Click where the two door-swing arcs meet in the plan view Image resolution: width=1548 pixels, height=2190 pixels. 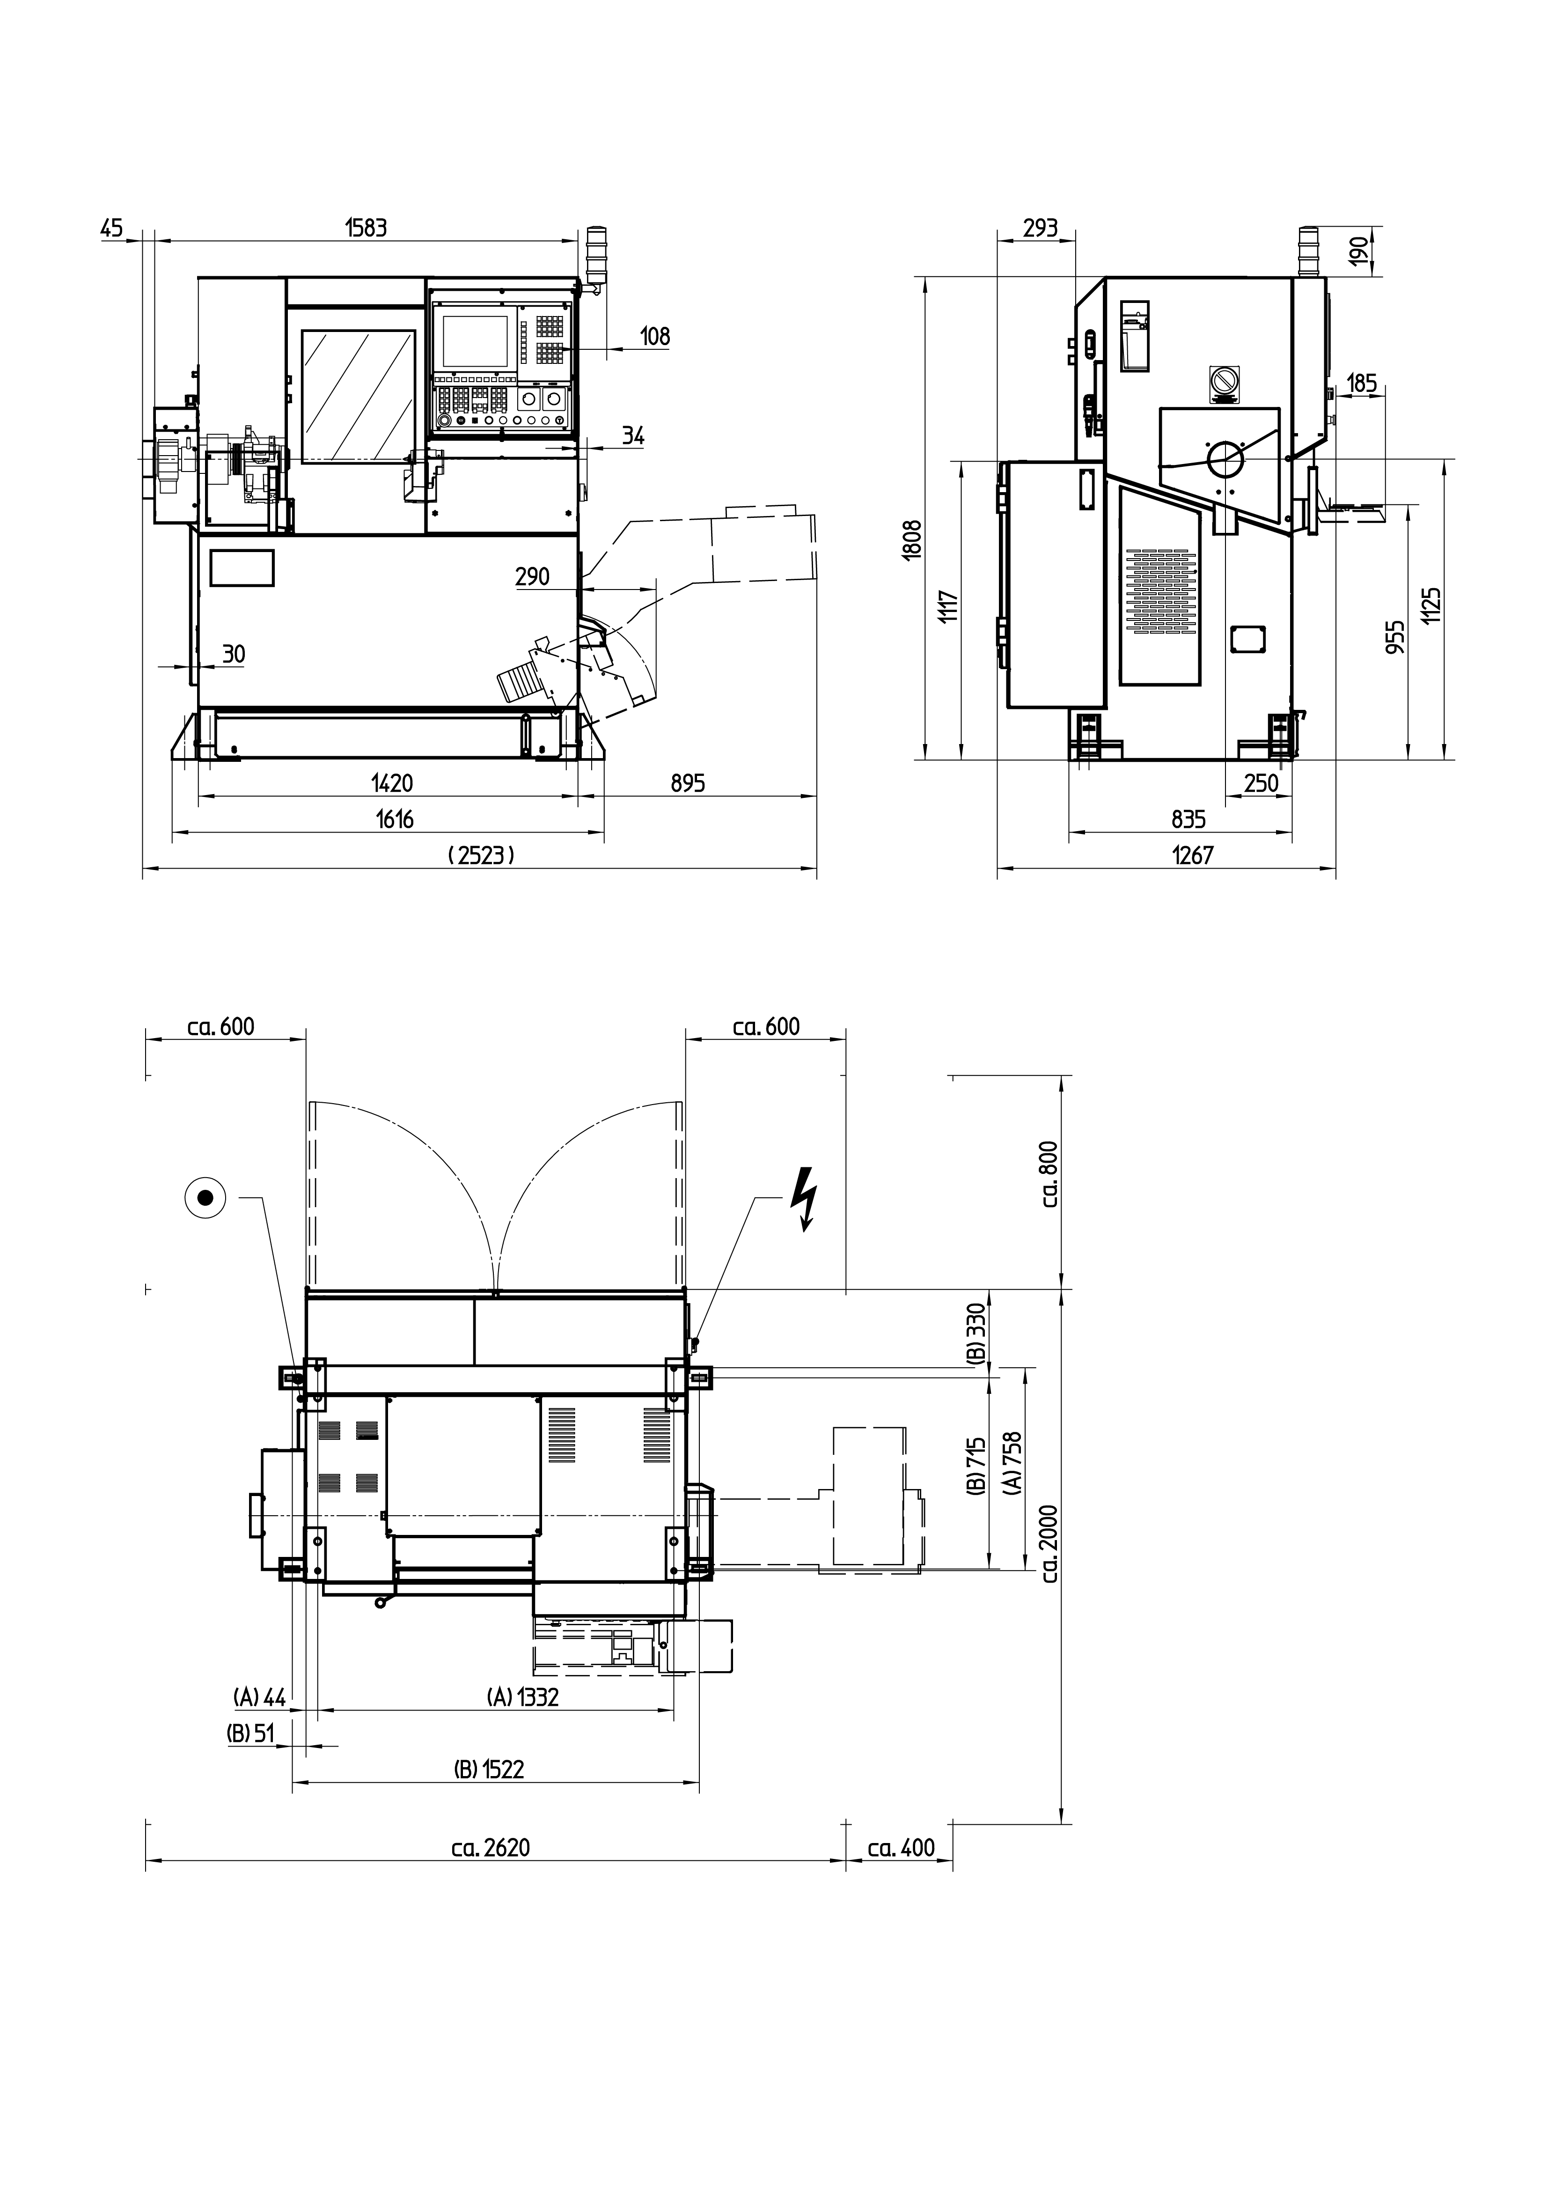tap(496, 1290)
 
